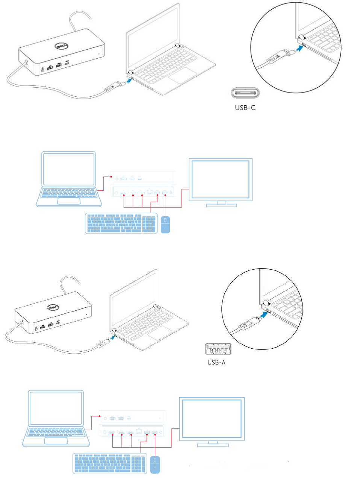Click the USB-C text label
coord(245,108)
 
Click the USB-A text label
coord(216,362)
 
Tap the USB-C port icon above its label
coord(245,93)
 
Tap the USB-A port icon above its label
coord(218,349)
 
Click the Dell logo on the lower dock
coord(53,307)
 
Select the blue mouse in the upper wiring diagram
coord(165,225)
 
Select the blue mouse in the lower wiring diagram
coord(155,465)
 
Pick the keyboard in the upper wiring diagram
coord(121,223)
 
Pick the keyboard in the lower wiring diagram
coord(109,463)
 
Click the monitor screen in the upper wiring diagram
coord(221,179)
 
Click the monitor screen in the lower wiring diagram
coord(212,418)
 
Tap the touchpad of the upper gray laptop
coord(183,75)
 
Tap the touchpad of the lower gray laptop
coord(160,333)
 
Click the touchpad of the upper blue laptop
coord(69,200)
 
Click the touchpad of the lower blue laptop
coord(56,440)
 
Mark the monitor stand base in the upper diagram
coord(221,205)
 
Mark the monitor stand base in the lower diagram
coord(213,445)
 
